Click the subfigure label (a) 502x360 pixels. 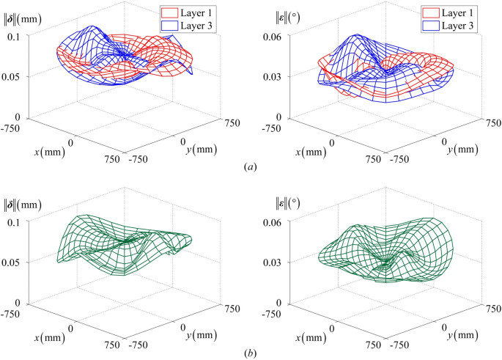(251, 167)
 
